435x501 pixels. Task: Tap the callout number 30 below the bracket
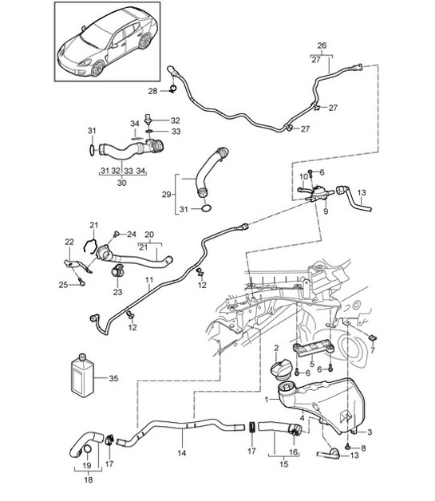(121, 182)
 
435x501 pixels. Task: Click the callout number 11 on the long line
(148, 281)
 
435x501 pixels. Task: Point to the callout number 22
(69, 243)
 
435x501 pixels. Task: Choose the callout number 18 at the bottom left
(87, 480)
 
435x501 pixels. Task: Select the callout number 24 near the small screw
(132, 234)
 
